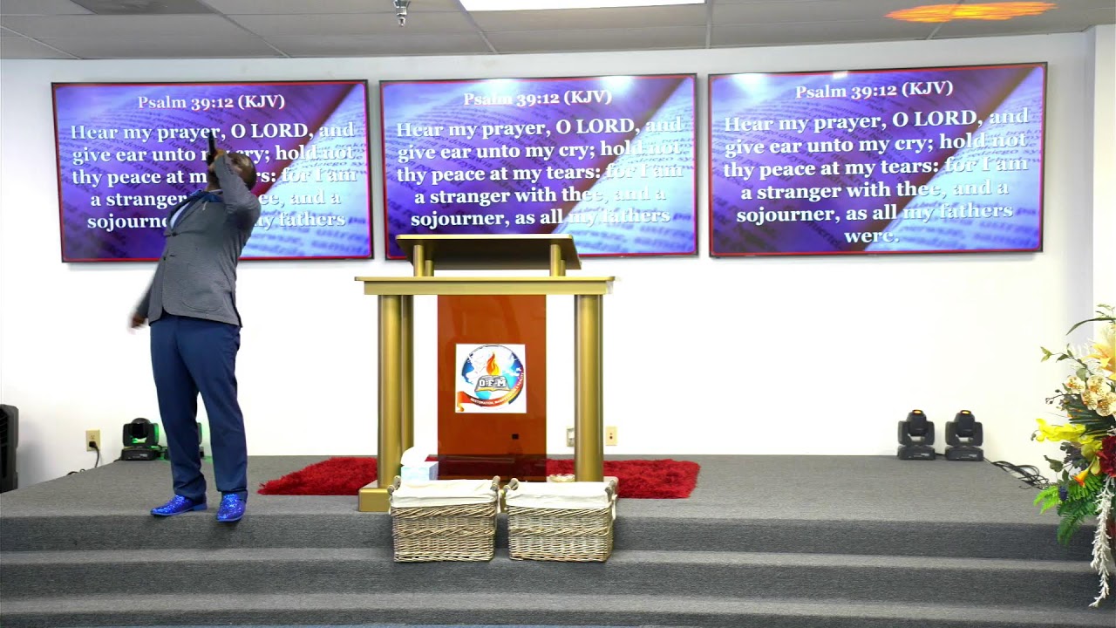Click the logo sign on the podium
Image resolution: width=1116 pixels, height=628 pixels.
click(490, 378)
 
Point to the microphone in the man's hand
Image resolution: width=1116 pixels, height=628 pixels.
click(211, 149)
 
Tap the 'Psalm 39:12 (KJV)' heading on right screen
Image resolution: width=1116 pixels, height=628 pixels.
click(874, 91)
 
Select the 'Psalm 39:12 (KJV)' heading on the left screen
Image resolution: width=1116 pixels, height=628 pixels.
click(211, 101)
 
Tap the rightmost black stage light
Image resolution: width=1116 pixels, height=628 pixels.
click(963, 433)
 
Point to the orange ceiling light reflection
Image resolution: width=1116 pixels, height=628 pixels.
click(970, 12)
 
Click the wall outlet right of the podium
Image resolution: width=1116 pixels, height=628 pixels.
click(610, 434)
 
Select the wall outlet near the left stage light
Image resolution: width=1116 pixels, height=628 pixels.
click(92, 439)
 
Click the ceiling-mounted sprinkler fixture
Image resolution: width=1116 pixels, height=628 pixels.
click(402, 11)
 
